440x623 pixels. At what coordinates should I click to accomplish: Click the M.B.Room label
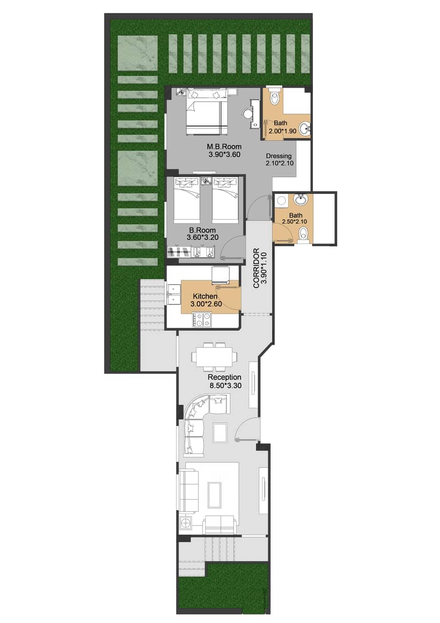(x=221, y=147)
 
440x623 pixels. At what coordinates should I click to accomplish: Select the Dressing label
(x=278, y=156)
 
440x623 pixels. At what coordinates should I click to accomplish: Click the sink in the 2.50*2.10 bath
(x=300, y=199)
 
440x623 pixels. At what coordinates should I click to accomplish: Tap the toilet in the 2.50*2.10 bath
(x=302, y=235)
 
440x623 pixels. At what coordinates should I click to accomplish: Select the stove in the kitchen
(x=201, y=319)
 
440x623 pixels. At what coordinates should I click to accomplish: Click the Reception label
(x=224, y=377)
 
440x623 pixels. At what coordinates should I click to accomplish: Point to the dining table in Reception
(x=215, y=356)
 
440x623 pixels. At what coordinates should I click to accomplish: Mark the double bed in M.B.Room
(x=206, y=113)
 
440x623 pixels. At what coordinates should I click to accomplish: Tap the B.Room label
(x=202, y=230)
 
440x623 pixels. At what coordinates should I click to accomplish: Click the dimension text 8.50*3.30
(x=224, y=386)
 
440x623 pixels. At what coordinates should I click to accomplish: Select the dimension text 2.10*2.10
(x=278, y=164)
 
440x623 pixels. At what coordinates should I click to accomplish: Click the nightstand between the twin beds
(x=206, y=180)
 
